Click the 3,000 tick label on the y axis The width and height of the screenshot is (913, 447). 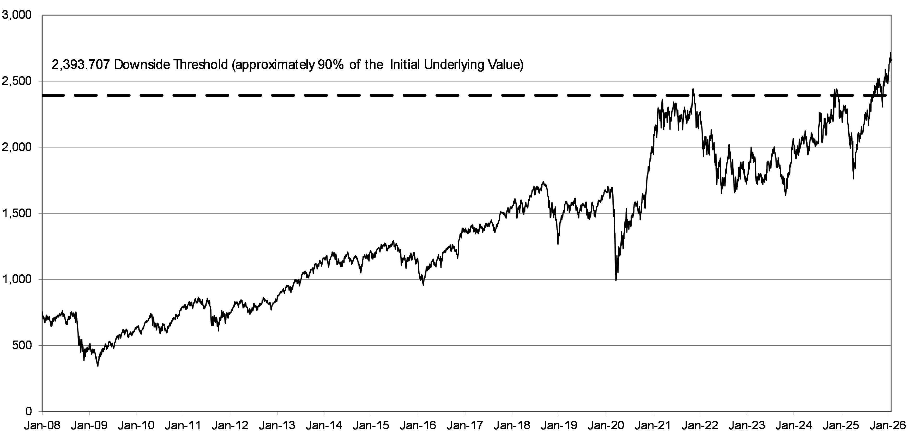17,15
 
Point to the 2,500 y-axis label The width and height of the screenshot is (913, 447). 17,81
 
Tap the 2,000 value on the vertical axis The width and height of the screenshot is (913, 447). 17,147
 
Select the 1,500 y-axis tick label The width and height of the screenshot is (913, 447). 17,213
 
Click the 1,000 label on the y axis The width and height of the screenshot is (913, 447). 17,280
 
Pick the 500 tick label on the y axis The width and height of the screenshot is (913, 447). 22,345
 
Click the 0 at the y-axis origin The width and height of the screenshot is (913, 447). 29,412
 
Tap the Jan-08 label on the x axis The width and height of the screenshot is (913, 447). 42,425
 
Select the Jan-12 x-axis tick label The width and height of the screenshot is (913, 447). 230,425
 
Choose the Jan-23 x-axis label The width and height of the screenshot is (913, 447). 747,425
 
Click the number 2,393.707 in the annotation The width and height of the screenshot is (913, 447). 81,65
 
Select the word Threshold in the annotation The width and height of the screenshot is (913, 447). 199,65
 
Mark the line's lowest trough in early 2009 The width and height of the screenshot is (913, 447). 98,366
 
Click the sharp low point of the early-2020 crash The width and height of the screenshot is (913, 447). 616,280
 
